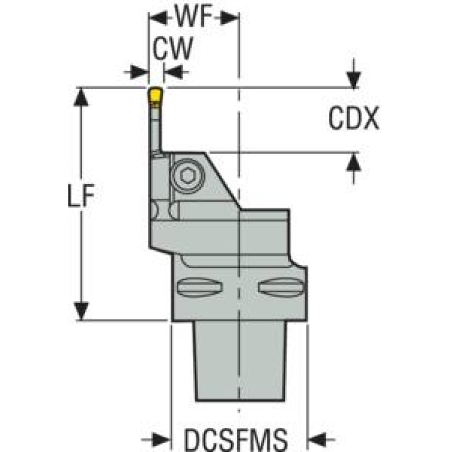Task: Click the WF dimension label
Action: [193, 16]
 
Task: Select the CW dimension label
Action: [173, 48]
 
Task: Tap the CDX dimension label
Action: [354, 118]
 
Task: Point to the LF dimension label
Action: [81, 196]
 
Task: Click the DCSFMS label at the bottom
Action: [236, 440]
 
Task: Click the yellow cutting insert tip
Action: [155, 95]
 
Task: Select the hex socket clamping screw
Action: [188, 175]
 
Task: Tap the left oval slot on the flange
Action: [200, 287]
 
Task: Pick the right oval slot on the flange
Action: [281, 287]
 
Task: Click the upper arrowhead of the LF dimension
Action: [81, 97]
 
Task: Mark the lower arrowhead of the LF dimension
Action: [81, 311]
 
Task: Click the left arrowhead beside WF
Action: [158, 18]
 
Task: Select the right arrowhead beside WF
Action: [229, 18]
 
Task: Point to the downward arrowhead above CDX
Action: [354, 80]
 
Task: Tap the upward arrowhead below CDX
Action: [354, 162]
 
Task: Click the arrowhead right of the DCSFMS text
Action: [318, 440]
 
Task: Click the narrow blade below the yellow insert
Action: [155, 128]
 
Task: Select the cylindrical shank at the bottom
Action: [240, 361]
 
